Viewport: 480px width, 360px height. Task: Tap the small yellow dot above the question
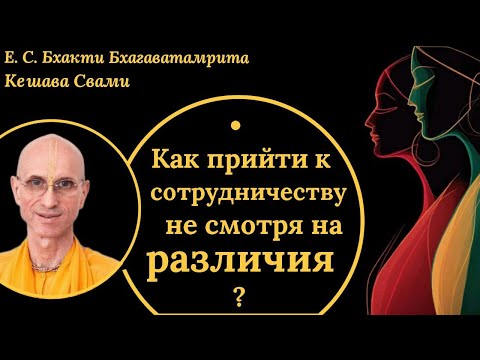[234, 125]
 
